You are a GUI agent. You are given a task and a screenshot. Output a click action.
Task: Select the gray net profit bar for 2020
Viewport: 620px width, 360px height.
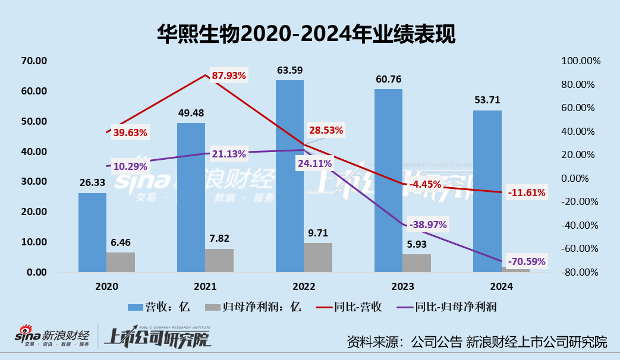120,262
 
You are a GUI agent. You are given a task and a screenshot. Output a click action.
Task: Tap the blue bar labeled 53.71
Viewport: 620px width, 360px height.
487,191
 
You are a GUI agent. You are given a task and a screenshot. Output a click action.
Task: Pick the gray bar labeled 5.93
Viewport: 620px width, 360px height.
416,263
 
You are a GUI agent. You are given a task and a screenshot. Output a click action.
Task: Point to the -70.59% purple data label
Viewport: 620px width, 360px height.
525,261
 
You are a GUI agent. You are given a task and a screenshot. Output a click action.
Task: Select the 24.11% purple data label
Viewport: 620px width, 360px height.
315,163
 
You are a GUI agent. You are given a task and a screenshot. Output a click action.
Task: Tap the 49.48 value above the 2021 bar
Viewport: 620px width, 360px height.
191,113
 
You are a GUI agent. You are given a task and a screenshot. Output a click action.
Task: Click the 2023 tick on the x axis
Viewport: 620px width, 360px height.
402,286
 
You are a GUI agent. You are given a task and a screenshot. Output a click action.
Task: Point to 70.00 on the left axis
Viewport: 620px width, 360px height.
33,61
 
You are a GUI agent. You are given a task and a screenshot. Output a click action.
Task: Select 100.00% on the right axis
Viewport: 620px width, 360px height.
581,61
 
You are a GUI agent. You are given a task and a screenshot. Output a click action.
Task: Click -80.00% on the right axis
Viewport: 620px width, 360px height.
581,272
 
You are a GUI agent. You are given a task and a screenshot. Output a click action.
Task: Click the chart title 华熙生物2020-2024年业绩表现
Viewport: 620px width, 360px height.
306,34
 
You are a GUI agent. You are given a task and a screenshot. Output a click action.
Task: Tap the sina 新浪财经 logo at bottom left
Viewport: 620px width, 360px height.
52,337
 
